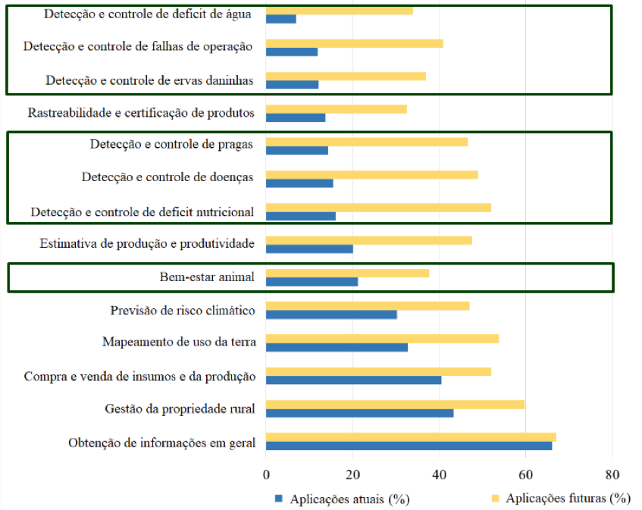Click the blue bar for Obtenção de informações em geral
click(x=409, y=446)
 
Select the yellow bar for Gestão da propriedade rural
click(x=395, y=405)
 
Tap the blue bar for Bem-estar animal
click(x=312, y=282)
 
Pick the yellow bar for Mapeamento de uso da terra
click(x=382, y=339)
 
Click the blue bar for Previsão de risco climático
click(x=331, y=314)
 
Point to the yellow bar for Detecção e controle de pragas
click(x=367, y=142)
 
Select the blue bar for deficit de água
click(x=281, y=19)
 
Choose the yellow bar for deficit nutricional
click(x=378, y=208)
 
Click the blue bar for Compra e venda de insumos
click(x=353, y=380)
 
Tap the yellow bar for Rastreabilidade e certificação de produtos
click(x=336, y=109)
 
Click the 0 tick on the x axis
click(x=266, y=474)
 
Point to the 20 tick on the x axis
click(x=352, y=474)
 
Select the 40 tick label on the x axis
click(x=439, y=474)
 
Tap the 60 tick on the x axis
click(x=525, y=474)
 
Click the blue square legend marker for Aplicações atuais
click(x=278, y=499)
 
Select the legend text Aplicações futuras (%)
click(x=568, y=498)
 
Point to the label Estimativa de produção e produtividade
click(x=146, y=244)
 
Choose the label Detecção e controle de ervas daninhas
click(x=149, y=80)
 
